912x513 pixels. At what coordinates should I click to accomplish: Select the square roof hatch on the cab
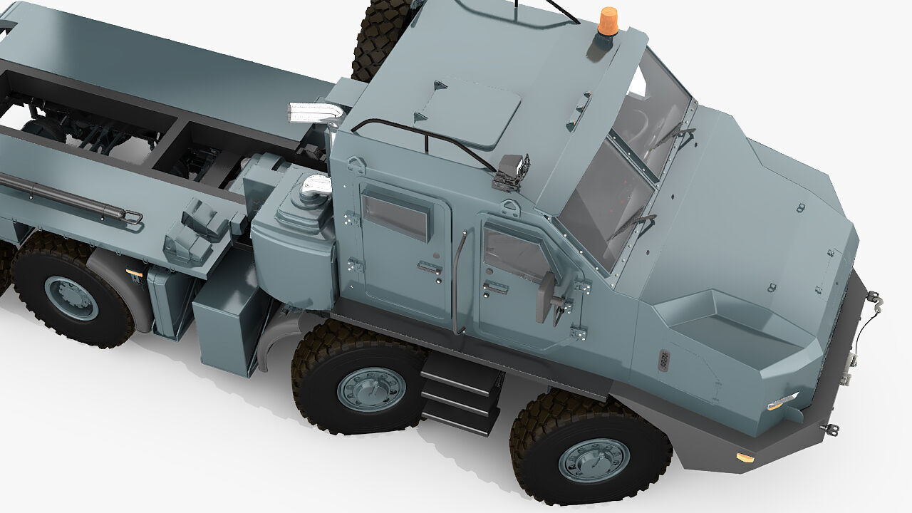point(468,111)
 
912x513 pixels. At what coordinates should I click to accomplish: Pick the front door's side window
point(514,253)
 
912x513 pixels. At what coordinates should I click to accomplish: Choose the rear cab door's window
point(396,215)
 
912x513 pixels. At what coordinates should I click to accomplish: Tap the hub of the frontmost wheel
point(594,460)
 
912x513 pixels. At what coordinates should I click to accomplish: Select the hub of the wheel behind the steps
point(370,389)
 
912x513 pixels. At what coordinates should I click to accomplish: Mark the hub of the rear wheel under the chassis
point(71,298)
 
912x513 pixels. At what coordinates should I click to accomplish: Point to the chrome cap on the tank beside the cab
point(316,187)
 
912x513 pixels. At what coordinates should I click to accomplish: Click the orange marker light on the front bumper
point(745,457)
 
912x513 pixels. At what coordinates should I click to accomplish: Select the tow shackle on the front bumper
point(830,428)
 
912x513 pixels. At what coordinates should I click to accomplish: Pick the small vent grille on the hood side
point(664,360)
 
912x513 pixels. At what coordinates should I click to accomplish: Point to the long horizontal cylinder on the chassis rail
point(64,199)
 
